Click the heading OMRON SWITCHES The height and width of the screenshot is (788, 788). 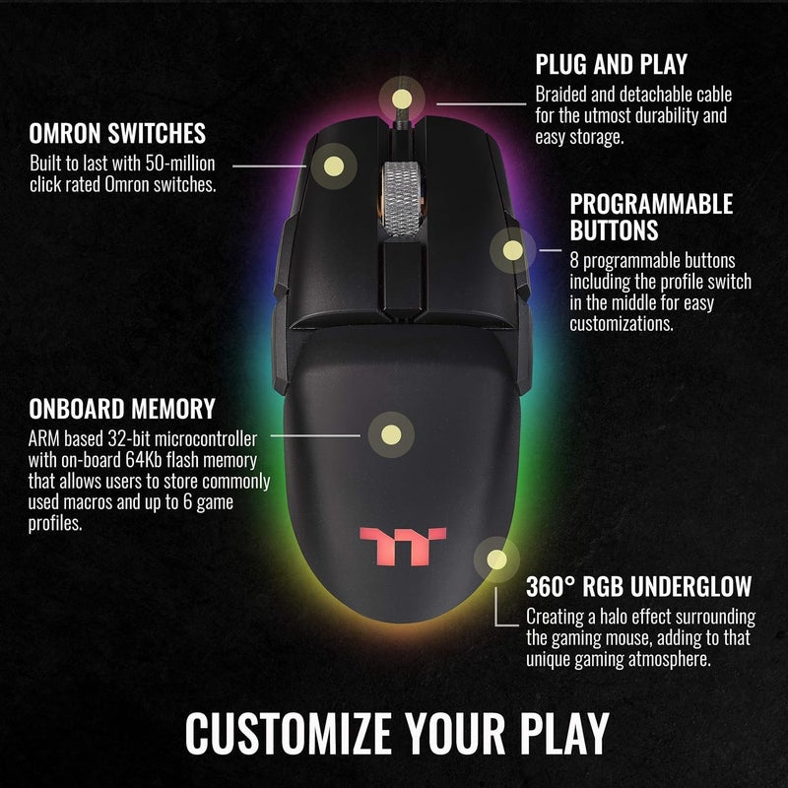click(x=117, y=133)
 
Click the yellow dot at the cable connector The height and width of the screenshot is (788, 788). click(x=400, y=98)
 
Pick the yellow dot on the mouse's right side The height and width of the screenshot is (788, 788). click(x=512, y=249)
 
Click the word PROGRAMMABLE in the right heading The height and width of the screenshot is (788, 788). click(x=651, y=204)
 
